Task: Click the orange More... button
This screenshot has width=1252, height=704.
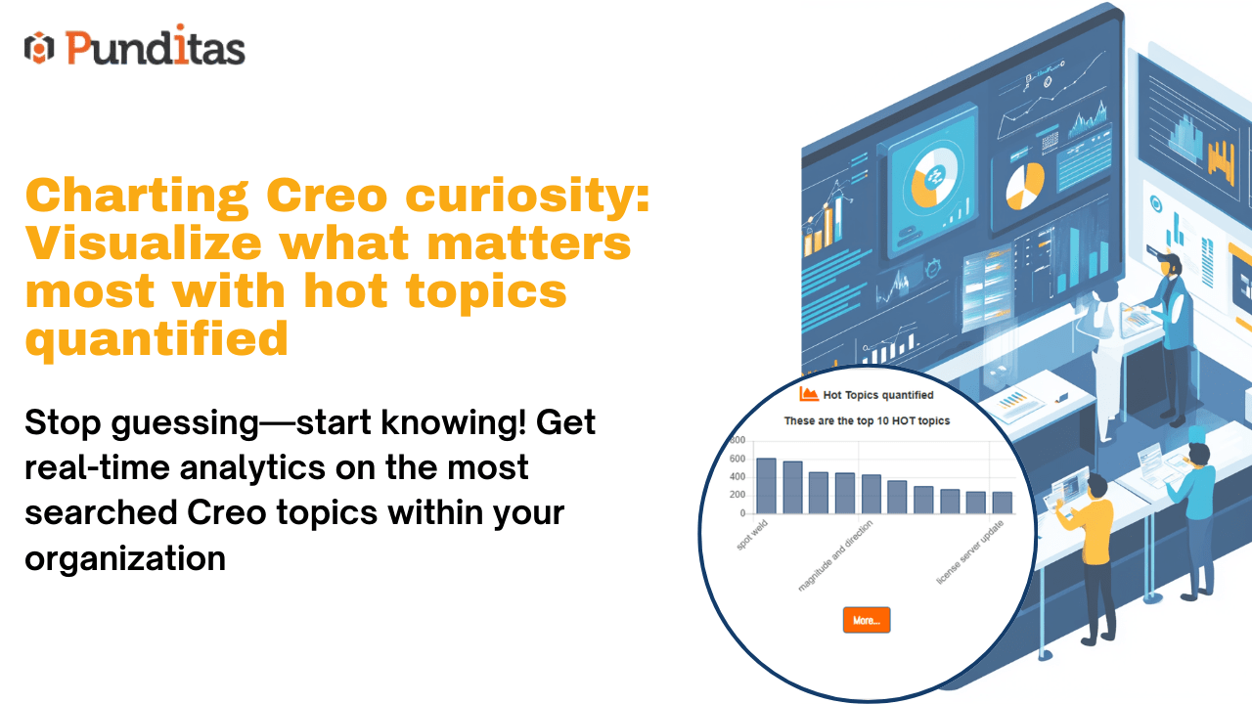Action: (867, 620)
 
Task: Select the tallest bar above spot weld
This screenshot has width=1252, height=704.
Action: (766, 486)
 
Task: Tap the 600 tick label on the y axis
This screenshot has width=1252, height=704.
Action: (738, 459)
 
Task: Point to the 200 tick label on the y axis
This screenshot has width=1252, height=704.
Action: (738, 495)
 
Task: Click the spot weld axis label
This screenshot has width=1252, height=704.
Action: (752, 535)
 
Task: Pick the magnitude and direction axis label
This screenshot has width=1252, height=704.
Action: (835, 555)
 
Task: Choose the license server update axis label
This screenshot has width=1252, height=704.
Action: (970, 552)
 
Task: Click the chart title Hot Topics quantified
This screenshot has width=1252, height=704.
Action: (878, 395)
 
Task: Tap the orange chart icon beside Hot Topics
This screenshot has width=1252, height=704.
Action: (808, 394)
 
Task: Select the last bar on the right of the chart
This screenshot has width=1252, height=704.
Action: (1003, 503)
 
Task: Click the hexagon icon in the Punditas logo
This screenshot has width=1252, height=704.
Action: (39, 48)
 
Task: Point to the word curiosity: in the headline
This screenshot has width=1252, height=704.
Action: (527, 197)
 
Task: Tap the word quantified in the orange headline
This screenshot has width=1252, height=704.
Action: (156, 339)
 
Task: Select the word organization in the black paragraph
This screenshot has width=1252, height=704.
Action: (125, 558)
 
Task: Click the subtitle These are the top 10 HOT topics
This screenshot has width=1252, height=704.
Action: (867, 420)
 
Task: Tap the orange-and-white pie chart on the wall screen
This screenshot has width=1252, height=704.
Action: (1025, 186)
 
